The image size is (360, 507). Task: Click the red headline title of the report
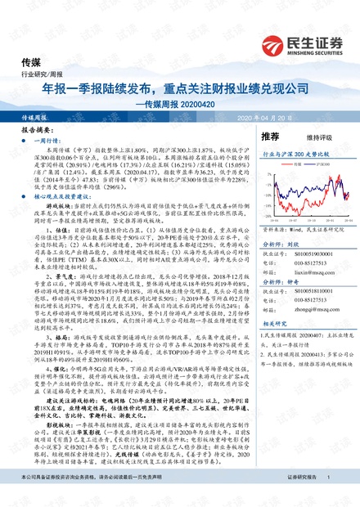point(179,88)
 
